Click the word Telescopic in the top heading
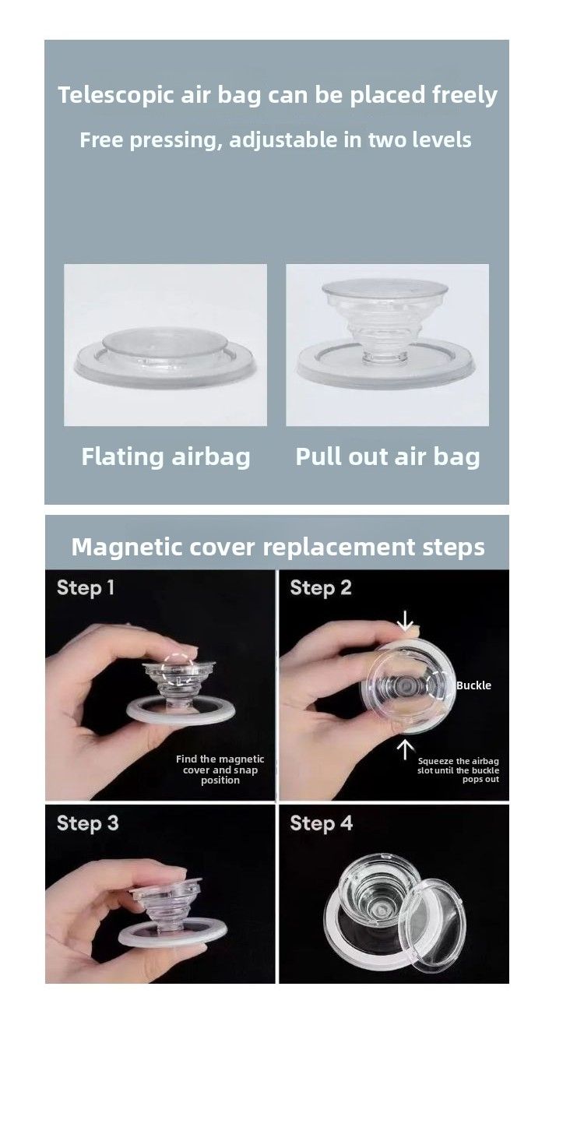tap(115, 96)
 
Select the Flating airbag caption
tap(166, 457)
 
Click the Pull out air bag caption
tap(388, 456)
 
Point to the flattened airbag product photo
tap(166, 345)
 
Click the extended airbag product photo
tap(387, 345)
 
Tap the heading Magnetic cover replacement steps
tap(278, 547)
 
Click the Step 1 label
tap(86, 588)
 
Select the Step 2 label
tap(321, 588)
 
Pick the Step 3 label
tap(87, 823)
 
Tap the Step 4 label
tap(322, 823)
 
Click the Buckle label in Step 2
tap(473, 685)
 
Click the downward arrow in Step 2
tap(405, 620)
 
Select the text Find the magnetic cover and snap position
tap(220, 770)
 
